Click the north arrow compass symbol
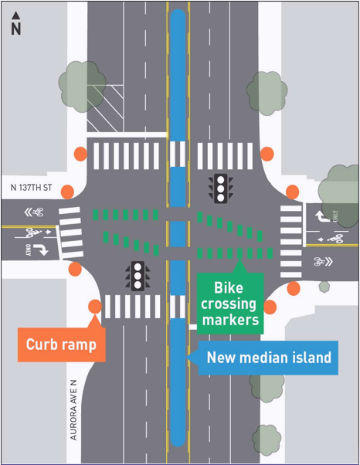(15, 23)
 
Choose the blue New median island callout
(268, 358)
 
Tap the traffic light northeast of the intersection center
(222, 188)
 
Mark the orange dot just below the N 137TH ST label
(67, 192)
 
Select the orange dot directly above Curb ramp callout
(94, 307)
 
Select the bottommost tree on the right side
(266, 437)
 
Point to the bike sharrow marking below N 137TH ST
(34, 212)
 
